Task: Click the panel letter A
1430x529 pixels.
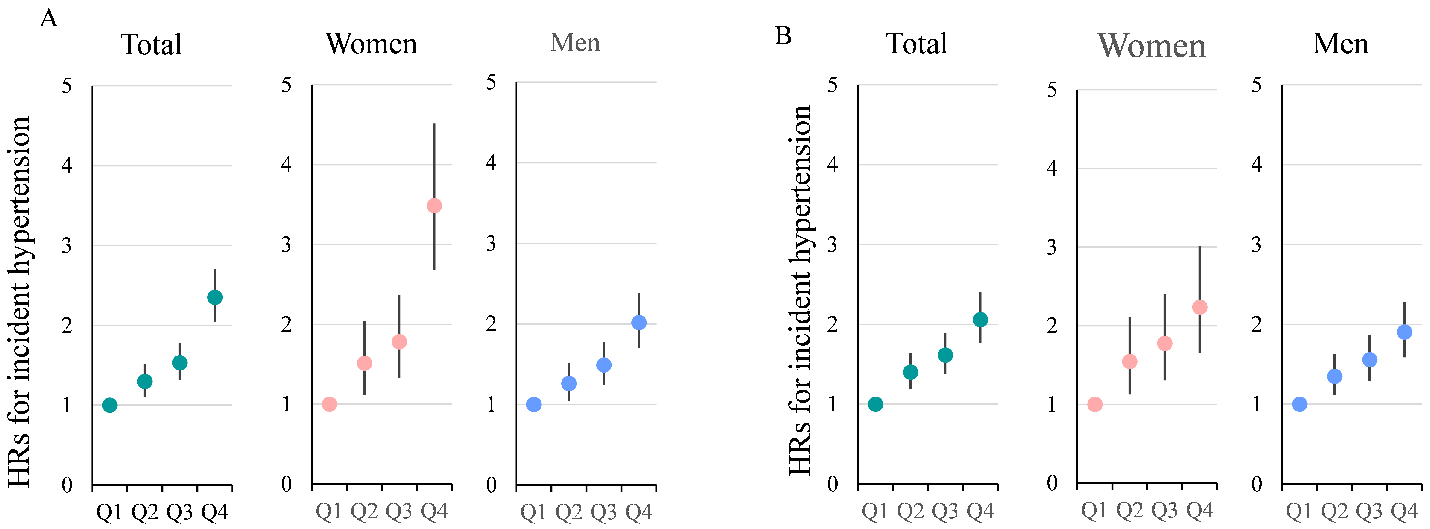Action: click(49, 19)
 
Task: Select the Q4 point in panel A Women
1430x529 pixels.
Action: click(434, 206)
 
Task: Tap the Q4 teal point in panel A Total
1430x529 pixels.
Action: click(215, 297)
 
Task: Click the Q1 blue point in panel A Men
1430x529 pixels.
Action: click(533, 404)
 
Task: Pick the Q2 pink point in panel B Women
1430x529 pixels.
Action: click(1130, 361)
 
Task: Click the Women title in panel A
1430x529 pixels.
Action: click(371, 44)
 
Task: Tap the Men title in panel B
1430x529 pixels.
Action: click(1341, 44)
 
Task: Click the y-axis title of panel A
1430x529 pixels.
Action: click(19, 302)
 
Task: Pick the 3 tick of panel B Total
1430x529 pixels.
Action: click(832, 244)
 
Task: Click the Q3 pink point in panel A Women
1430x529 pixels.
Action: click(399, 342)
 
